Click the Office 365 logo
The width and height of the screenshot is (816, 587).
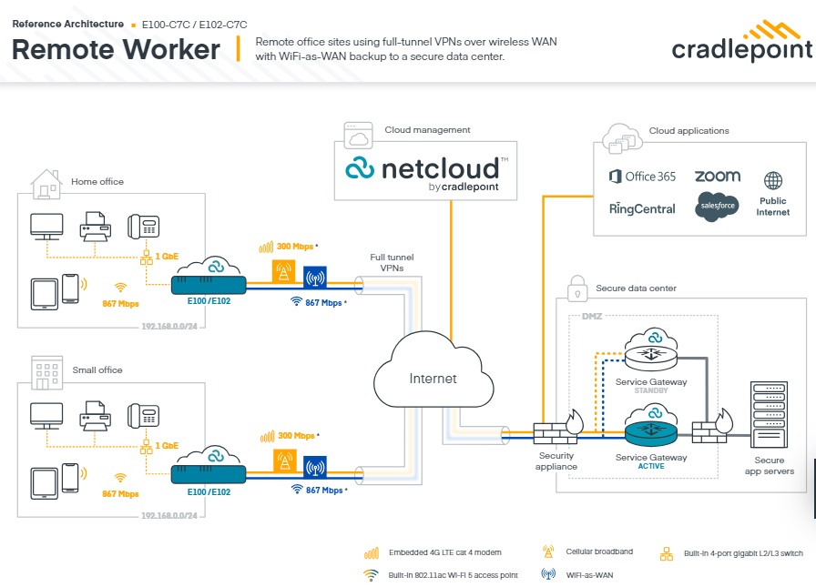click(x=642, y=177)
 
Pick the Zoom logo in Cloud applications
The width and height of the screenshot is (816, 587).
click(x=717, y=176)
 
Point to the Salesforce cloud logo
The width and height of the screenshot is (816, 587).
click(x=716, y=206)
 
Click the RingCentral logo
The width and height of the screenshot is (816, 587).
click(x=642, y=208)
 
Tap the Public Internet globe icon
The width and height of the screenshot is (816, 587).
click(x=773, y=181)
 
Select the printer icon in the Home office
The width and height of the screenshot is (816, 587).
click(x=96, y=226)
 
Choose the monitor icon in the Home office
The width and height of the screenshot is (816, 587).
click(x=46, y=226)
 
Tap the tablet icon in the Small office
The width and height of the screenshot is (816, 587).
click(x=45, y=483)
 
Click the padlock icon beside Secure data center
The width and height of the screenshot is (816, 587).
click(x=576, y=288)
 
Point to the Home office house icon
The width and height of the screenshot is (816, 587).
click(x=46, y=183)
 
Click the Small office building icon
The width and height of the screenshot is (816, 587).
click(x=46, y=370)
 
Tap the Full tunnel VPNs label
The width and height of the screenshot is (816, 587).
click(x=392, y=264)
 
